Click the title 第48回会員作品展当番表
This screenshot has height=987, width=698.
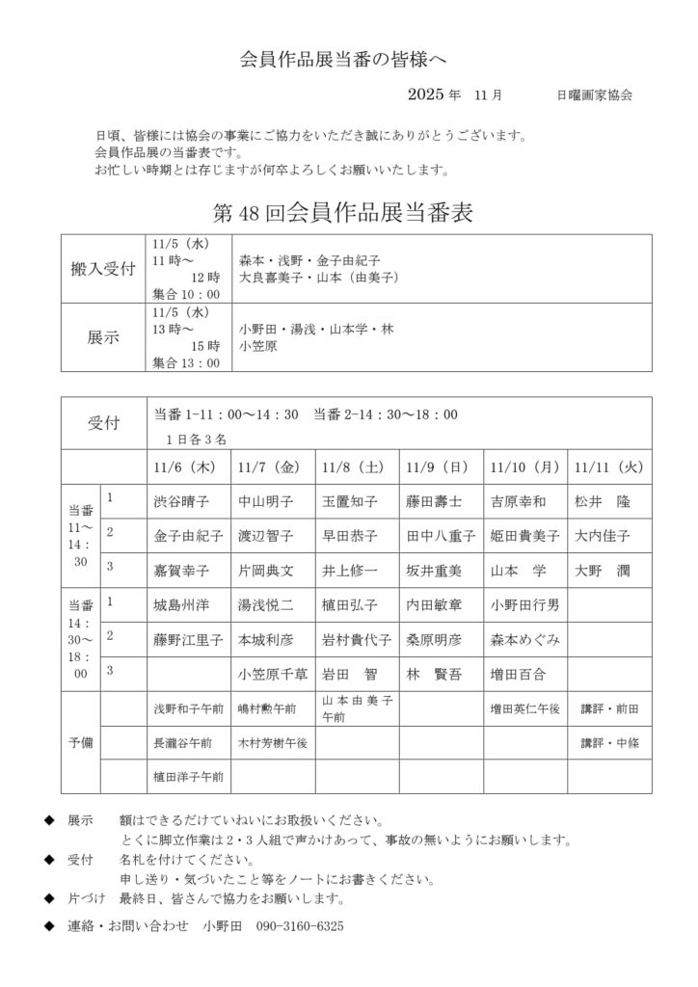point(341,212)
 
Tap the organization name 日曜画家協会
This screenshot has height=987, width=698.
point(595,95)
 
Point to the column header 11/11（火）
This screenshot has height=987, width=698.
point(607,467)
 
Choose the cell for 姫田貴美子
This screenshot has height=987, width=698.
point(525,536)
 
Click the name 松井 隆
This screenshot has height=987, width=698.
point(602,501)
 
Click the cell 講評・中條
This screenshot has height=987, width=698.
point(608,743)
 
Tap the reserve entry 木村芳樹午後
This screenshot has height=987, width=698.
point(273,743)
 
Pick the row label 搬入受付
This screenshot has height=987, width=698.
point(103,268)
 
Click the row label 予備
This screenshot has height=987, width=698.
point(81,743)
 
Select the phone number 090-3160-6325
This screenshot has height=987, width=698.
point(299,925)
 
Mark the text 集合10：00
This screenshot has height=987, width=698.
point(186,294)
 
